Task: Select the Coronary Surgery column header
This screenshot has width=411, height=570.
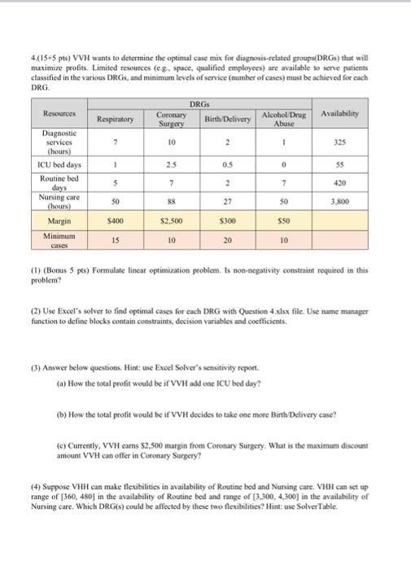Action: [x=171, y=119]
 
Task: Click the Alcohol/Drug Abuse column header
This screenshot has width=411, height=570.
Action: [x=284, y=119]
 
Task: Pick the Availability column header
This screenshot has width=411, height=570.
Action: [x=340, y=114]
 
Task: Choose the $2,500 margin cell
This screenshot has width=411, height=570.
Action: [x=171, y=221]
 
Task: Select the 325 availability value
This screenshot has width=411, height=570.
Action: [x=340, y=142]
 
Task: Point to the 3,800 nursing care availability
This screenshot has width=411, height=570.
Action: [x=340, y=200]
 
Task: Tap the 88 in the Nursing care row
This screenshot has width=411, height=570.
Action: [x=171, y=200]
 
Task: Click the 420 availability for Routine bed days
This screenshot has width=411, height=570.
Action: [x=340, y=182]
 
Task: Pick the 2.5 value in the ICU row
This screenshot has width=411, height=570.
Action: [x=171, y=165]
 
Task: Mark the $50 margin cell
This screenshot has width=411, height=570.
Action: [x=284, y=221]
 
